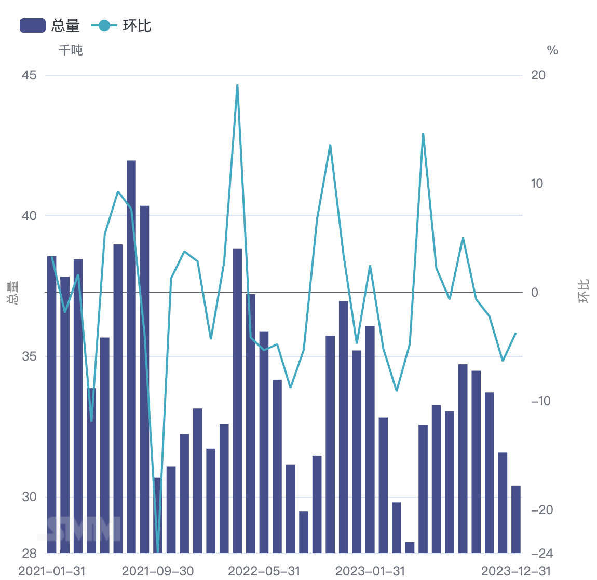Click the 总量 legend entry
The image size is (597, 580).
coord(50,25)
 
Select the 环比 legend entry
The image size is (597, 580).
coord(121,25)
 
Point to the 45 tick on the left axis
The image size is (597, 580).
coord(29,75)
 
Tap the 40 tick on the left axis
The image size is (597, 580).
coord(29,215)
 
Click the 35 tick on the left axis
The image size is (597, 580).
coord(29,356)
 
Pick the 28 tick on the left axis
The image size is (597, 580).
coord(29,553)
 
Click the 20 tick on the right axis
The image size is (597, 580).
coord(538,75)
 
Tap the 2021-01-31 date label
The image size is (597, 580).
coord(52,571)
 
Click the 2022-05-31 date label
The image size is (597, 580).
coord(264,571)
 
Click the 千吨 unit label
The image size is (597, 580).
coord(71,50)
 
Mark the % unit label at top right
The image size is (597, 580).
coord(552,50)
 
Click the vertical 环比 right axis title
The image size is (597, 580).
coord(584,292)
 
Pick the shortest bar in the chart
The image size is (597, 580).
coord(410,547)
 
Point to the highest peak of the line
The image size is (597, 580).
coord(237,85)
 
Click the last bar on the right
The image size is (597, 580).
coord(515,519)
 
